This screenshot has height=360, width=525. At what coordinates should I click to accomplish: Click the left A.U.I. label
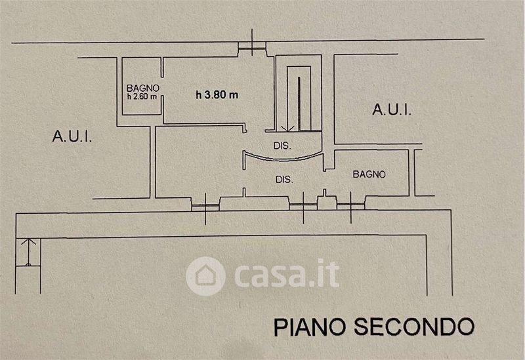click(x=72, y=136)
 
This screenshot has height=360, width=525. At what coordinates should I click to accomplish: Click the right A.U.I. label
click(x=392, y=110)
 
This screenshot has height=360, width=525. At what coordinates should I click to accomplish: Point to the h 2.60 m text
click(x=142, y=96)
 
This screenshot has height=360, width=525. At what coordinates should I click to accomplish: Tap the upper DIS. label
click(x=282, y=145)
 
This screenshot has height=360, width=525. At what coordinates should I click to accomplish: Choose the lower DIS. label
click(x=283, y=178)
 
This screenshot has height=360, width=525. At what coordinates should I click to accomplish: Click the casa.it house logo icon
click(x=205, y=275)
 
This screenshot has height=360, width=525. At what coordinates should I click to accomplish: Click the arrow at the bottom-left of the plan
click(x=27, y=252)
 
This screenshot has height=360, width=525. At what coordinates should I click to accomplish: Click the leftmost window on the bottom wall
click(x=203, y=206)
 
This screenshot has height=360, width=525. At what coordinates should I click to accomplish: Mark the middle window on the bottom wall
click(x=302, y=205)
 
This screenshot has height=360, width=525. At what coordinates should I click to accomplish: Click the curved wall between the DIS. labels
click(x=282, y=158)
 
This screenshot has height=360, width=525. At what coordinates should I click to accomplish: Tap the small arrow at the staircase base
click(x=284, y=126)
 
